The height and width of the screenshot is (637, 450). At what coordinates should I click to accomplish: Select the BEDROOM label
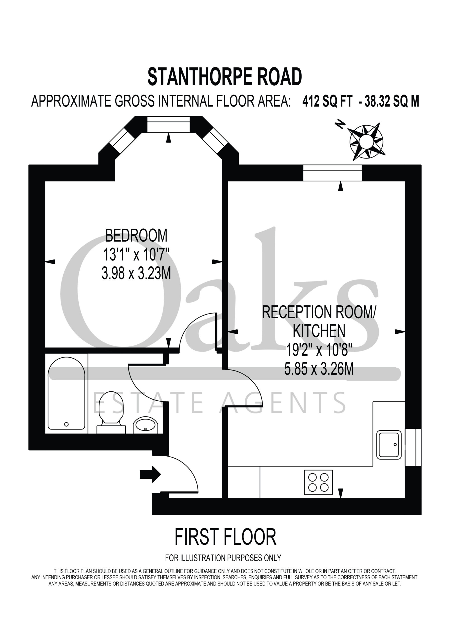[x=136, y=236]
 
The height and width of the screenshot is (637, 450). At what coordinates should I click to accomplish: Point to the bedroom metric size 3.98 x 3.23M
[x=136, y=273]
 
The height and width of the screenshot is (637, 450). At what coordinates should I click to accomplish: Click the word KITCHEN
[x=319, y=331]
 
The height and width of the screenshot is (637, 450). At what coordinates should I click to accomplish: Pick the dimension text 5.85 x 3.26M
[x=319, y=369]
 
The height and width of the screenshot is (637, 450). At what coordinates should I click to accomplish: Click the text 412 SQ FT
[x=327, y=101]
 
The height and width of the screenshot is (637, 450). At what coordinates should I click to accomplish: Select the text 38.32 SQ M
[x=392, y=101]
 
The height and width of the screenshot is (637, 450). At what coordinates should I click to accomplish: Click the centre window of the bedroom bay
[x=168, y=124]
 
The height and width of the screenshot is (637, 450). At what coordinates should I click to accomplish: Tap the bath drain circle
[x=66, y=424]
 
